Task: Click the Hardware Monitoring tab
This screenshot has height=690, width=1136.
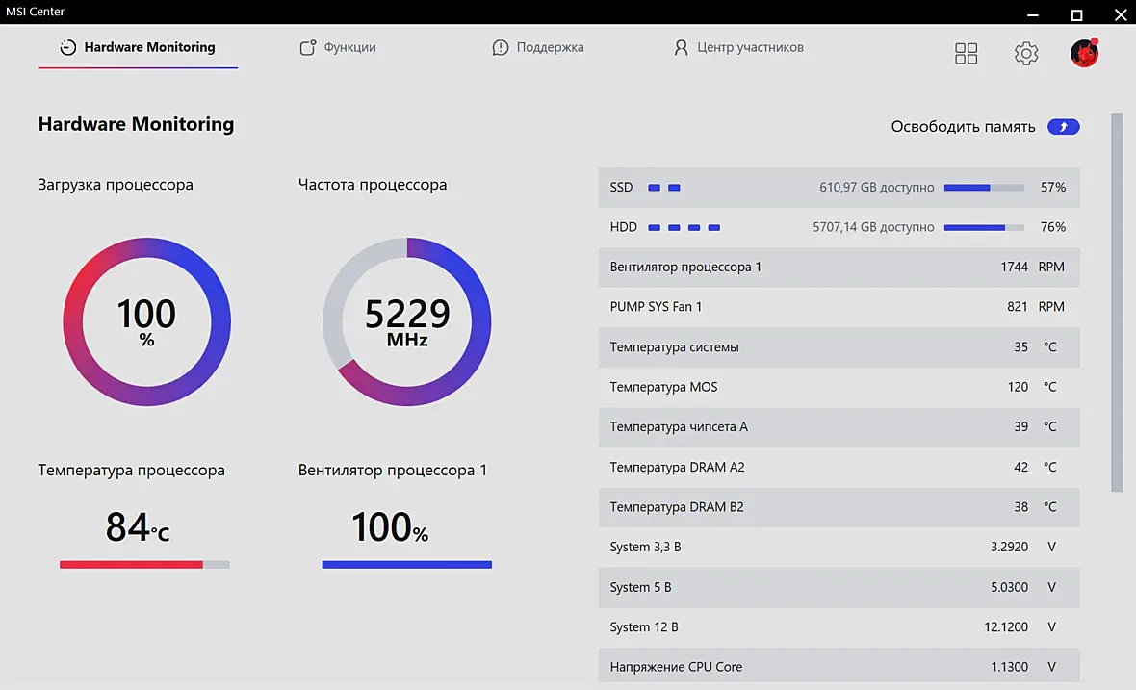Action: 138,48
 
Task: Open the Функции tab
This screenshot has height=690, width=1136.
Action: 338,48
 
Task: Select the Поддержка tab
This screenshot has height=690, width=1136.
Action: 537,48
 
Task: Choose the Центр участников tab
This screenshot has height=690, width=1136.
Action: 738,48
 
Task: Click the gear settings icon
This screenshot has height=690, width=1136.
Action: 1026,53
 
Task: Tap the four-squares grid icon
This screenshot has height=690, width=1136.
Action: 966,53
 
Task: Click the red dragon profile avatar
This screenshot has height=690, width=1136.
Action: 1085,53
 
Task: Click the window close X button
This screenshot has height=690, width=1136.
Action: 1120,14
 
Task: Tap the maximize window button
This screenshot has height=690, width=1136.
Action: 1076,14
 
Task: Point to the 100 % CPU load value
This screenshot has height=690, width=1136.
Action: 146,321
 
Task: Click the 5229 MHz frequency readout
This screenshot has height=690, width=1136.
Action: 407,321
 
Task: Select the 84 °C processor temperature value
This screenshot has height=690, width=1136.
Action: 137,527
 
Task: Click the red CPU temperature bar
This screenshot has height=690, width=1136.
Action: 131,565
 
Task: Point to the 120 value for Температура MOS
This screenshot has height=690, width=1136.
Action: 1018,387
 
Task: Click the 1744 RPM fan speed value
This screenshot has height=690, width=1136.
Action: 1032,268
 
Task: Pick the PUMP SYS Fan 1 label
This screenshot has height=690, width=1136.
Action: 656,307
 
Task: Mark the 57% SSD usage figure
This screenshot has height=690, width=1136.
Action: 1052,188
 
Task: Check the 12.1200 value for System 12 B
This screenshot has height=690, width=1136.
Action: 1006,627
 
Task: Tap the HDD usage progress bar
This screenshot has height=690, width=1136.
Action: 984,227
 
